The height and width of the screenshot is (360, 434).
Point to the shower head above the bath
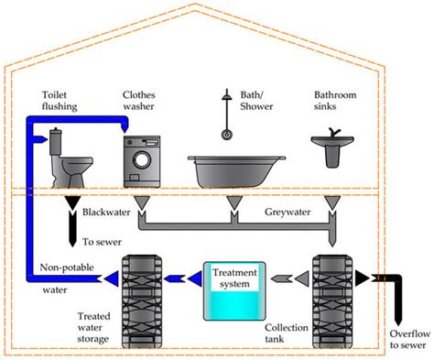coord(224,131)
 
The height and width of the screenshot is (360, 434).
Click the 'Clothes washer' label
coord(144,100)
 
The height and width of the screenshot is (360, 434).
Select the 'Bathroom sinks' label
coord(335,100)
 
